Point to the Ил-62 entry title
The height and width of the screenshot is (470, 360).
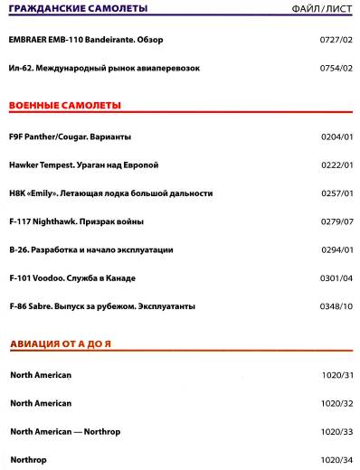(x=104, y=68)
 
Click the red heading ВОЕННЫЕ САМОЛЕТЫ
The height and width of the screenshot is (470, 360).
(x=64, y=106)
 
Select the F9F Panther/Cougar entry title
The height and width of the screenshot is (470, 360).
(x=70, y=136)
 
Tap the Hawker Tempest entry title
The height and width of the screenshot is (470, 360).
(x=83, y=164)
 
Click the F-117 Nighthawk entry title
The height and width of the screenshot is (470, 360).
(x=76, y=221)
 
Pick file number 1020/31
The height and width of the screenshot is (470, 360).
(x=336, y=374)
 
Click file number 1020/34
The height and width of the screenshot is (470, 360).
(x=336, y=460)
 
